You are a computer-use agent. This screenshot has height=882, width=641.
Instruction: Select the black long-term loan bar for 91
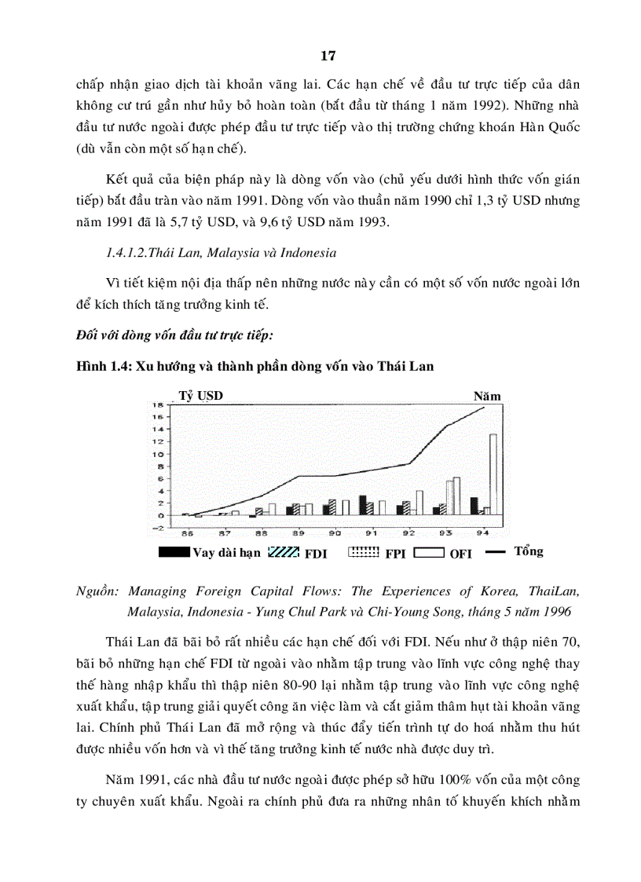click(x=362, y=505)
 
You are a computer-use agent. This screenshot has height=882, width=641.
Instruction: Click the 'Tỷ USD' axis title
click(x=201, y=396)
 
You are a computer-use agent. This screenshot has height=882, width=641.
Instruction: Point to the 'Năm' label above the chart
click(x=486, y=397)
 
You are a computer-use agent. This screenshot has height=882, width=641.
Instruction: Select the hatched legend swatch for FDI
click(x=284, y=552)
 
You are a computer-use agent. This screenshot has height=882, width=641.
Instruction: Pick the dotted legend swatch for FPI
click(x=364, y=552)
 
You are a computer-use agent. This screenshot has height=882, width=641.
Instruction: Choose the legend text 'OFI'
click(x=461, y=554)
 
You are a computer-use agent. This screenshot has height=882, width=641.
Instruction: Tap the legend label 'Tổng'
click(x=528, y=551)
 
